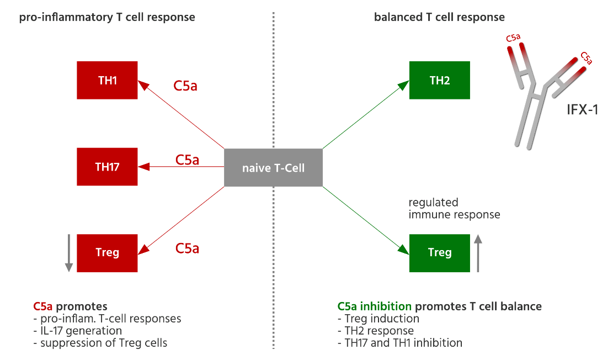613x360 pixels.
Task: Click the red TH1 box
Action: click(107, 80)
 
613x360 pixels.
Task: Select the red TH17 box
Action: click(107, 167)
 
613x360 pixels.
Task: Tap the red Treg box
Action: click(107, 253)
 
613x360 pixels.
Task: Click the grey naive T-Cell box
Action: click(273, 167)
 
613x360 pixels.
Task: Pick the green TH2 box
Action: click(439, 80)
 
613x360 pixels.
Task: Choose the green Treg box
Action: click(439, 253)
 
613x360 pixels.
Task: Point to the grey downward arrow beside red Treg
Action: click(69, 253)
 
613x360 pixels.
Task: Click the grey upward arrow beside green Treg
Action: click(478, 253)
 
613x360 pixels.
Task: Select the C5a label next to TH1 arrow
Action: click(186, 86)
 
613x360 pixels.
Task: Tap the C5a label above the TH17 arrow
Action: click(187, 160)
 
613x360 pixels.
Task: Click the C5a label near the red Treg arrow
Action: click(187, 248)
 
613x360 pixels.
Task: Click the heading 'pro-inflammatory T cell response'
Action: click(107, 17)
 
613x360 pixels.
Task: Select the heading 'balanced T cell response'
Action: click(439, 17)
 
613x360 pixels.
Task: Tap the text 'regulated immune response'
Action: click(454, 209)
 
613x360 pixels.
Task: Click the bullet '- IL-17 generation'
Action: click(77, 331)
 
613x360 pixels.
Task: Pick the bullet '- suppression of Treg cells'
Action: click(100, 343)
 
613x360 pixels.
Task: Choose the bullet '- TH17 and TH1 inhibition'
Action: click(399, 343)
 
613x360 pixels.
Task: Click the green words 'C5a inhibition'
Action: click(374, 306)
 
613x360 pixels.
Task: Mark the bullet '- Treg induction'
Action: click(378, 319)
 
